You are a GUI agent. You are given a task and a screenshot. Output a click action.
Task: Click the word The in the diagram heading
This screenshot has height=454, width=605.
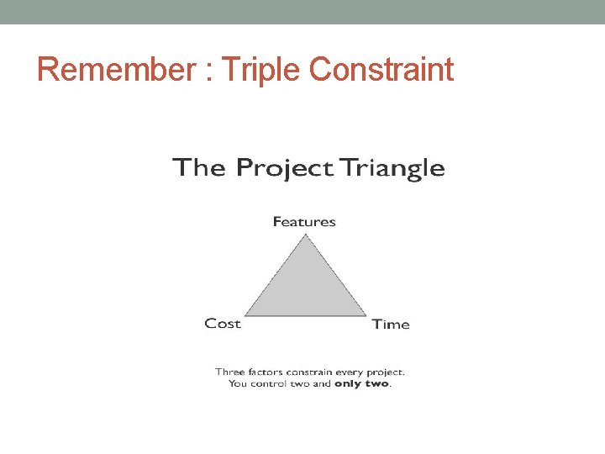[x=199, y=167]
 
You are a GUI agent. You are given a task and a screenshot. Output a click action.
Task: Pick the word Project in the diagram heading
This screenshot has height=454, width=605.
[x=284, y=168]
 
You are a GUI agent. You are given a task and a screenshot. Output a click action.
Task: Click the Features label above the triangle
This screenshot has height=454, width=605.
[x=304, y=222]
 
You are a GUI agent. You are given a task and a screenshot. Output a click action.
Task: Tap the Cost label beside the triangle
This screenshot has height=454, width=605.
[x=223, y=324]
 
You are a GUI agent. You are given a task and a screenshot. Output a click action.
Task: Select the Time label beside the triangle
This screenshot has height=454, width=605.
[x=391, y=325]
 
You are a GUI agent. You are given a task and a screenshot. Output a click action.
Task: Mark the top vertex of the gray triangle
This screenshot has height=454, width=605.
[x=305, y=235]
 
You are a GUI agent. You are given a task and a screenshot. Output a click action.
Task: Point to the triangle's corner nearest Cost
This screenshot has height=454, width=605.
[x=245, y=316]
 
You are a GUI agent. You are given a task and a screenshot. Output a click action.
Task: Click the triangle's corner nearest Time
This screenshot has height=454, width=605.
[x=366, y=316]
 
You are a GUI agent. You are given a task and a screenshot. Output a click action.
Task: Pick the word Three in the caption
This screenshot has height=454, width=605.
[x=229, y=372]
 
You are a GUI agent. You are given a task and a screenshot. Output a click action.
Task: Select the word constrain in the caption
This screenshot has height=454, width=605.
[x=310, y=372]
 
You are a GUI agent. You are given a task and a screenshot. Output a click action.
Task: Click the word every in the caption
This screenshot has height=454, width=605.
[x=351, y=372]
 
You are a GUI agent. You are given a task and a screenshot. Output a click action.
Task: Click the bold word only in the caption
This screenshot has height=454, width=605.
[x=350, y=384]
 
